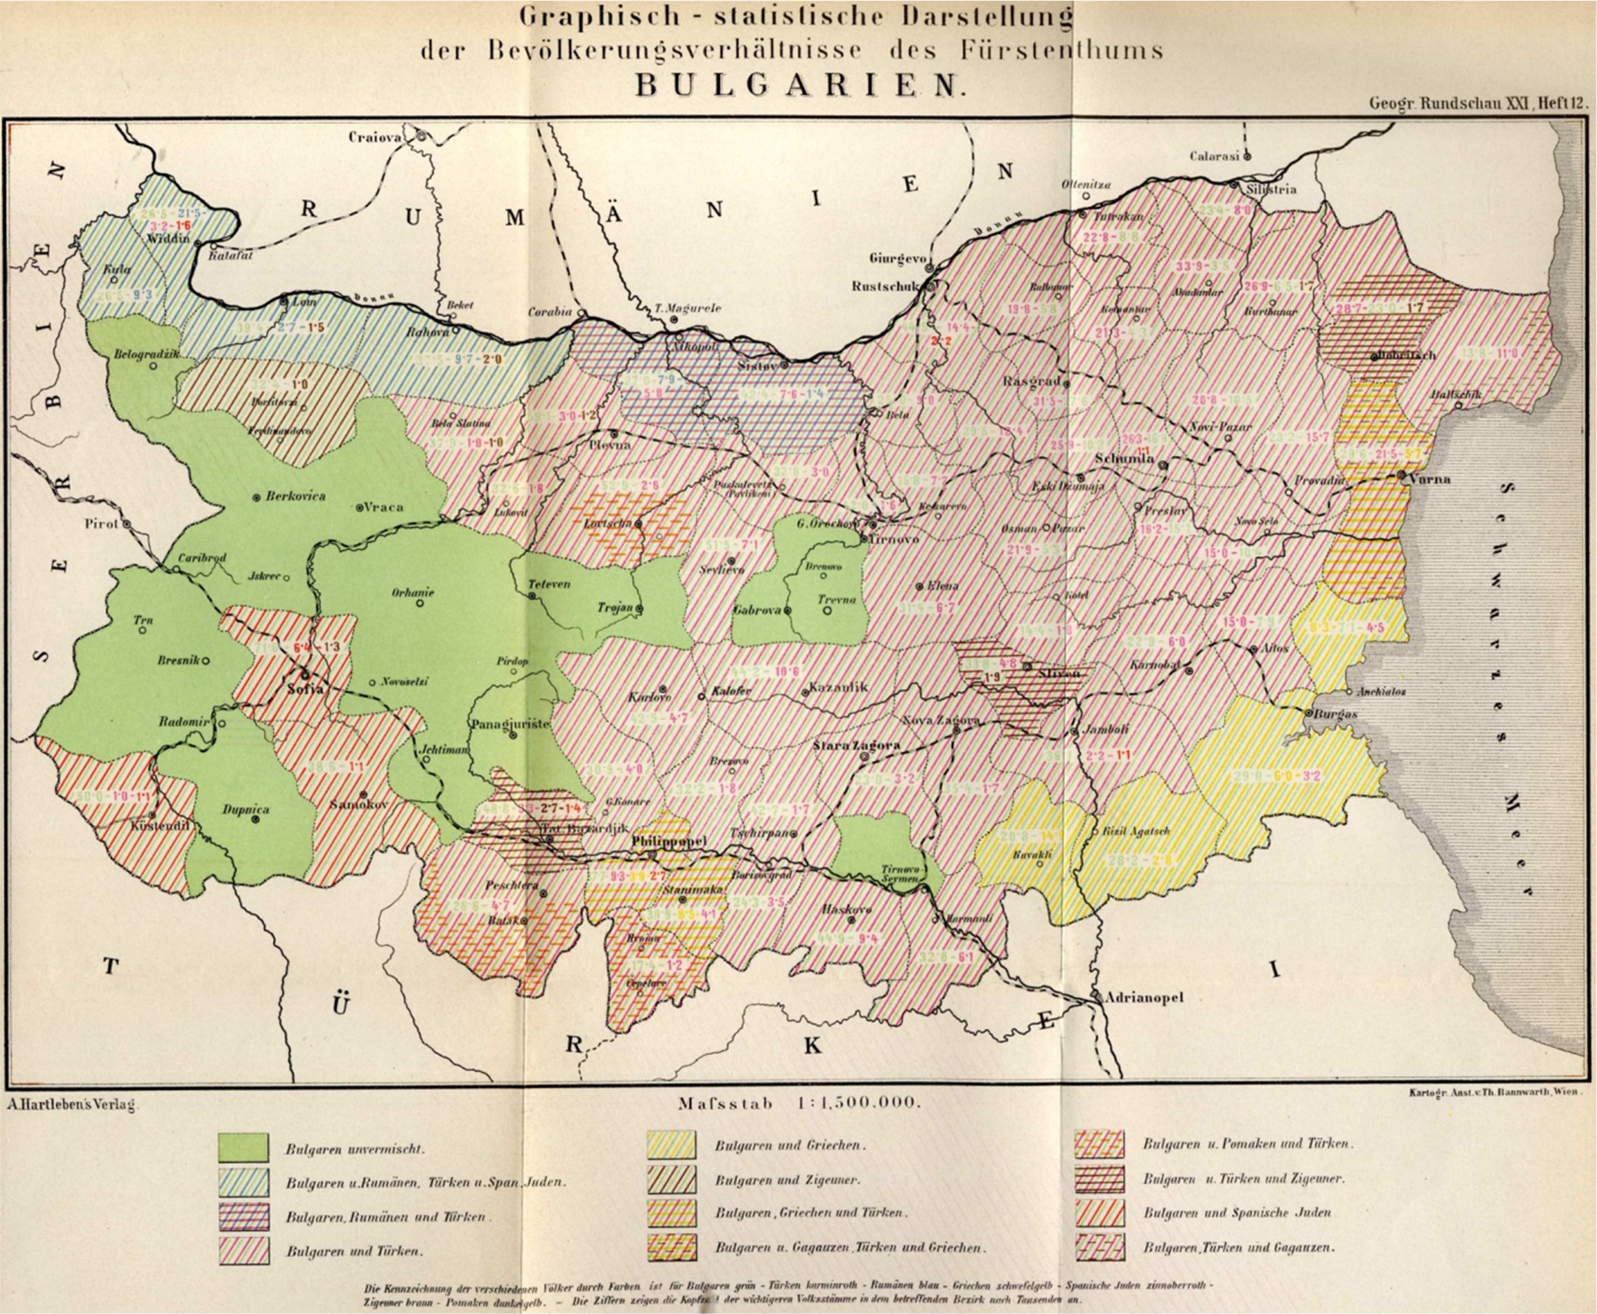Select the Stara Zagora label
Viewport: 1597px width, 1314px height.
856,745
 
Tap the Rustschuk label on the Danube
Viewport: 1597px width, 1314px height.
884,287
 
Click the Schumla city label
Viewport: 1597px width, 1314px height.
1124,459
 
